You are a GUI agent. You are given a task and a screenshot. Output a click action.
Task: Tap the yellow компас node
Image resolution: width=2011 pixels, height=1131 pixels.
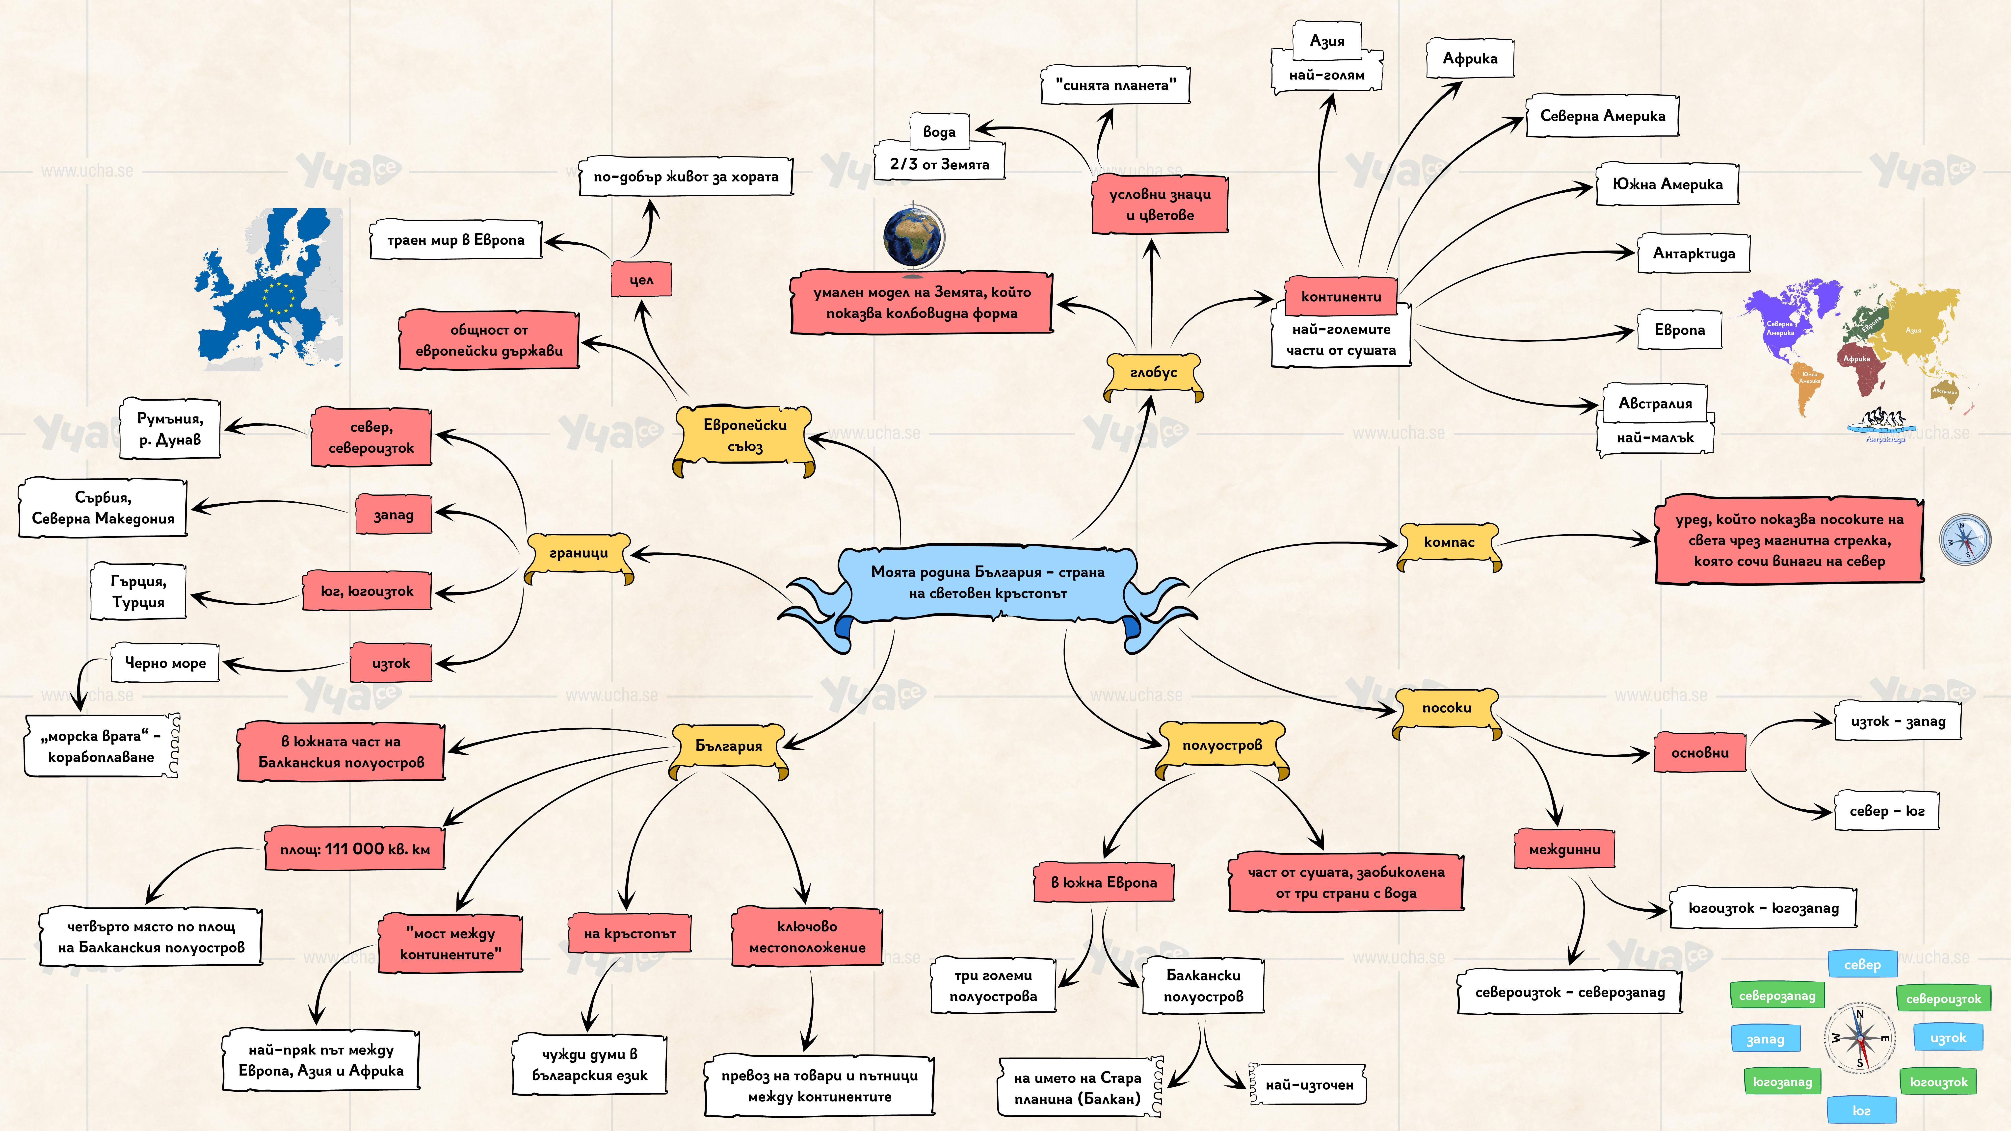[1449, 542]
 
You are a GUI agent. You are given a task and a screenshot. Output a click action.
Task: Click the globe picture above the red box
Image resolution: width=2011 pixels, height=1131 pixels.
[913, 236]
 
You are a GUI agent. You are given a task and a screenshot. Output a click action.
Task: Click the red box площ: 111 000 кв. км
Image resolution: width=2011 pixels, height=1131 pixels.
[355, 849]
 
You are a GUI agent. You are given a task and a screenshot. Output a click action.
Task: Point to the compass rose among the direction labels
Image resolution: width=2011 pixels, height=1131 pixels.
[1859, 1038]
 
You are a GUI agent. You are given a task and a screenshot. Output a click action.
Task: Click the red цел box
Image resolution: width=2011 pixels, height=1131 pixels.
[641, 280]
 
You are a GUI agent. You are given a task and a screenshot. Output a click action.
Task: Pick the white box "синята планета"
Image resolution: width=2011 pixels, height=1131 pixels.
[1115, 85]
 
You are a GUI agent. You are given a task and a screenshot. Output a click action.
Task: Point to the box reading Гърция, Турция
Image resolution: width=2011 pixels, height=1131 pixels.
[138, 592]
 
